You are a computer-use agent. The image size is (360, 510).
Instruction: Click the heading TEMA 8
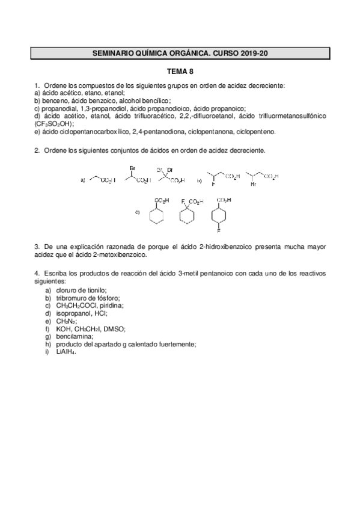pyautogui.click(x=180, y=71)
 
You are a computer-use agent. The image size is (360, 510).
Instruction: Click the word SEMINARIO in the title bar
pyautogui.click(x=116, y=54)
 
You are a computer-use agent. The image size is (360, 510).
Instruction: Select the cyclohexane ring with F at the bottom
pyautogui.click(x=220, y=215)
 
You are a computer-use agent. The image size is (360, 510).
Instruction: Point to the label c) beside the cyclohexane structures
pyautogui.click(x=137, y=212)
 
